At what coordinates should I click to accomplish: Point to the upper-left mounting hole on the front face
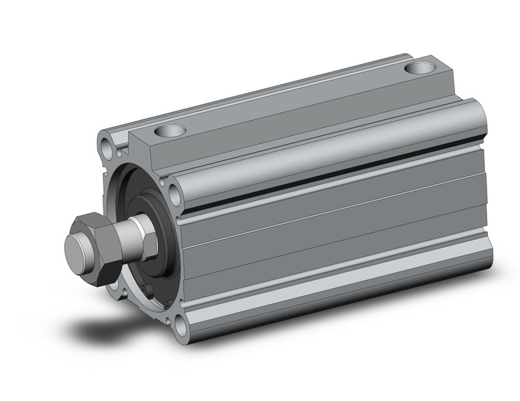pyautogui.click(x=105, y=145)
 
